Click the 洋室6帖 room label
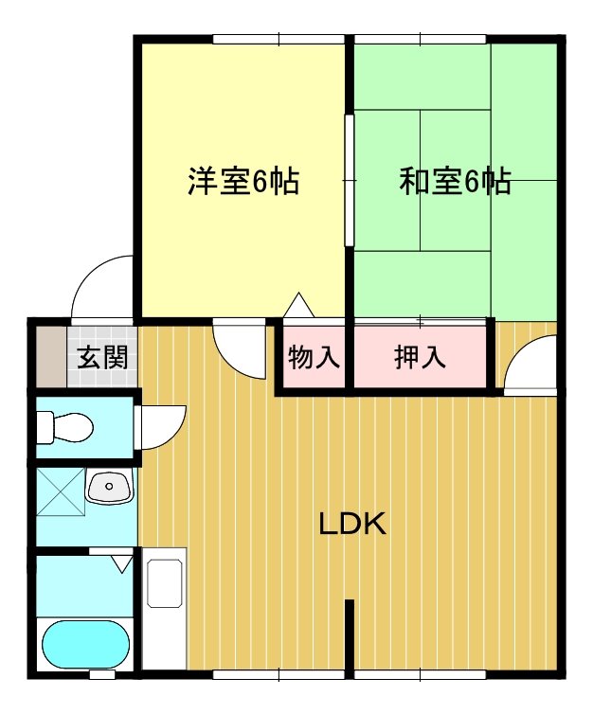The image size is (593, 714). point(243,180)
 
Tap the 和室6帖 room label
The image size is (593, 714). point(455,180)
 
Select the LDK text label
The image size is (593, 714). point(351,524)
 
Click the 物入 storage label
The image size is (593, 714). point(314,358)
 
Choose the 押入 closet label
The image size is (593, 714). point(420,358)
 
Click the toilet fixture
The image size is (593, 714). point(65,427)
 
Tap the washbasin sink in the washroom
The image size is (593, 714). point(111,489)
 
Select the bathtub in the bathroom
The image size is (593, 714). point(85,645)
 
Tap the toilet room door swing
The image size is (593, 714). point(161,427)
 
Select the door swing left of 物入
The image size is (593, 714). point(241,348)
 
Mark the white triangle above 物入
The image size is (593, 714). point(298,306)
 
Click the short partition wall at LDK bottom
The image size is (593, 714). point(350,634)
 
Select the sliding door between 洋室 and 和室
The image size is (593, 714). point(349,180)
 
